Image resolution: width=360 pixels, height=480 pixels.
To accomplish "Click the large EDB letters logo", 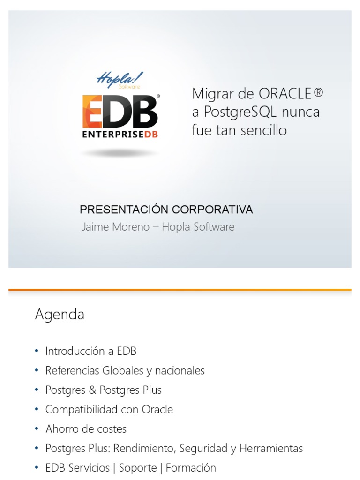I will pos(120,111).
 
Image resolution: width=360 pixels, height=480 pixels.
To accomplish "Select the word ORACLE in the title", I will pos(285,94).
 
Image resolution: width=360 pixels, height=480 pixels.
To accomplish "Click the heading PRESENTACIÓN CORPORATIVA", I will pos(166,210).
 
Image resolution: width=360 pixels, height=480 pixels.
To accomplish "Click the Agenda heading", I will pos(60,314).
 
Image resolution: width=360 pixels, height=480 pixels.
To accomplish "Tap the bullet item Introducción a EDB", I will pos(90,351).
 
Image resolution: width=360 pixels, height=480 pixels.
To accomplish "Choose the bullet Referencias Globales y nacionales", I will pos(125,370).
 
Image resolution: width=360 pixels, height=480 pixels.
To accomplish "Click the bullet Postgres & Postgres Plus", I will pos(103,390).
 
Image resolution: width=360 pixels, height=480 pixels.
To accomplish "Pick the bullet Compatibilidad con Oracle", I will pos(109,409).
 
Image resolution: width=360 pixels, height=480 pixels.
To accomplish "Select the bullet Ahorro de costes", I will pos(86,428).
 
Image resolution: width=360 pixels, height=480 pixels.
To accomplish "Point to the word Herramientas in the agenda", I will pos(271,448).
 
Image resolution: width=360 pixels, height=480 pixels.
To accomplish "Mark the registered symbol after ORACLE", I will pos(319,93).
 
